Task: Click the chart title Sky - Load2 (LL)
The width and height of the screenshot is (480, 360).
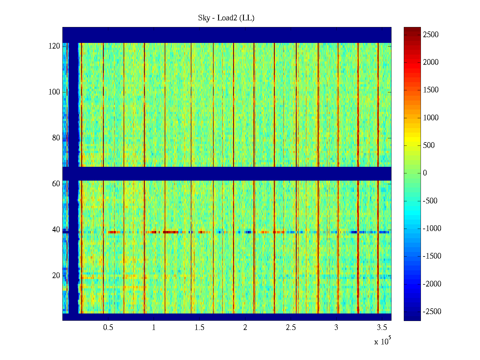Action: point(226,18)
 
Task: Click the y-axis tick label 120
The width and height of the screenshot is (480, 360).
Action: point(54,46)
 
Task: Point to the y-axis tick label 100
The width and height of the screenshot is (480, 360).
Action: point(54,92)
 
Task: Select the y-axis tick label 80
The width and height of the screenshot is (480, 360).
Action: point(56,138)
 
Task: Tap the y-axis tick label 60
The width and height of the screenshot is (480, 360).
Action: point(56,184)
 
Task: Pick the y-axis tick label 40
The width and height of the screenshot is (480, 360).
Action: point(56,230)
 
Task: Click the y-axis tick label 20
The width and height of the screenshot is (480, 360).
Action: point(56,276)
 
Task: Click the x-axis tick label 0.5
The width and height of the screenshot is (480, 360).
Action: point(108,328)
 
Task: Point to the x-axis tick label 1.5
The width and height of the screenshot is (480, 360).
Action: point(199,328)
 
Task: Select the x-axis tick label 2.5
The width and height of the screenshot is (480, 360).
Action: point(291,328)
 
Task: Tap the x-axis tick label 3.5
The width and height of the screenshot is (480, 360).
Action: point(382,328)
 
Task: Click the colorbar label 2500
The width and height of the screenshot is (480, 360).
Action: point(431,35)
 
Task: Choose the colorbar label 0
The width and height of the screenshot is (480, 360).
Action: point(425,173)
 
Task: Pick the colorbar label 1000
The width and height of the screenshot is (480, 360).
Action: point(431,118)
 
